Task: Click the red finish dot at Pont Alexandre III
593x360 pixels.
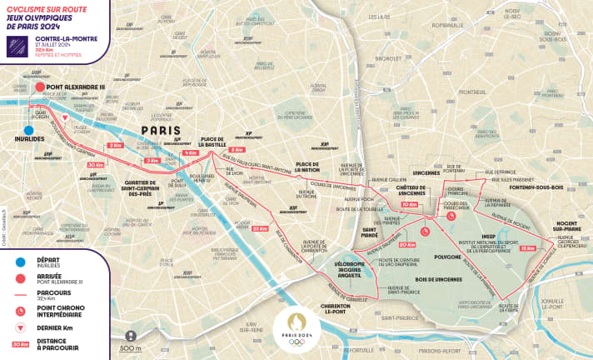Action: pyautogui.click(x=39, y=86)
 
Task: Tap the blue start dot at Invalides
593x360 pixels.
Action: pyautogui.click(x=28, y=130)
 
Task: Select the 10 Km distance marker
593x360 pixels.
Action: pyautogui.click(x=409, y=204)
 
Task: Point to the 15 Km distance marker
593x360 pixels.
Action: pyautogui.click(x=526, y=248)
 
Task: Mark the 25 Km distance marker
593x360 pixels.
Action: pyautogui.click(x=261, y=227)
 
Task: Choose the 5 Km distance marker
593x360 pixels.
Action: pyautogui.click(x=237, y=150)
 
